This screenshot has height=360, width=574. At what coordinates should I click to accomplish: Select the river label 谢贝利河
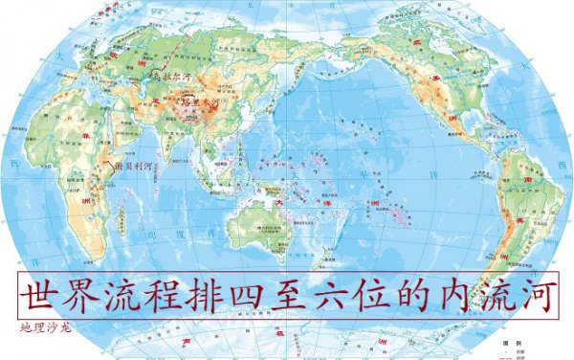133,165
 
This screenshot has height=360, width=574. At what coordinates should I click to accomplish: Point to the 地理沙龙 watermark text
45,327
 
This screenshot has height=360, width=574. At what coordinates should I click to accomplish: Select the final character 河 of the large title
538,294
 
